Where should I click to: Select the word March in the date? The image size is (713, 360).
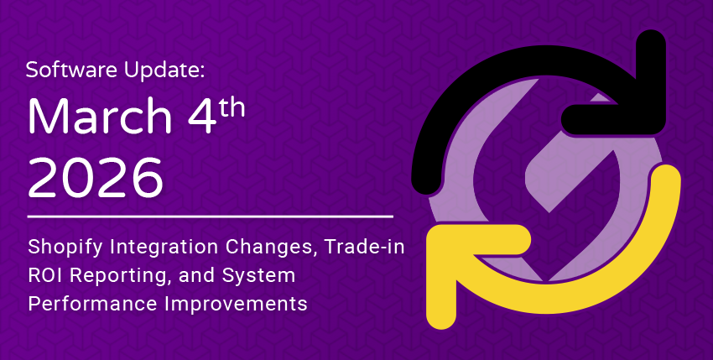coord(100,116)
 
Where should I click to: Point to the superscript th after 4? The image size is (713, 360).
coord(232,107)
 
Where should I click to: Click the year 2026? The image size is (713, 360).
coord(96,178)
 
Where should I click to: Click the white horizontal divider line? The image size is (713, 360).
coord(210,217)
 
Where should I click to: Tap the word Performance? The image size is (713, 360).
coord(92,304)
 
